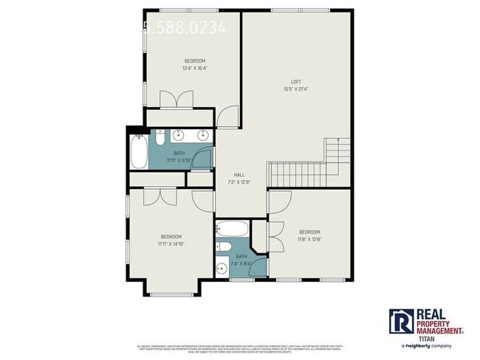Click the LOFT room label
(295, 81)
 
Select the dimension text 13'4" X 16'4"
(195, 69)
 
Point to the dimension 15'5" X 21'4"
(295, 89)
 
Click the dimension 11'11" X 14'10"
(171, 243)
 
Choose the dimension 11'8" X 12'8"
(309, 238)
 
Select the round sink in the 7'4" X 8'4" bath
(221, 267)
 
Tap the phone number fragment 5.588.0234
(185, 28)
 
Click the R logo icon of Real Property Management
(402, 322)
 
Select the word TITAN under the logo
(427, 338)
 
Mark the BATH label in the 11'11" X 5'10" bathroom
(179, 153)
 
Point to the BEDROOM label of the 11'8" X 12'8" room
(309, 231)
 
